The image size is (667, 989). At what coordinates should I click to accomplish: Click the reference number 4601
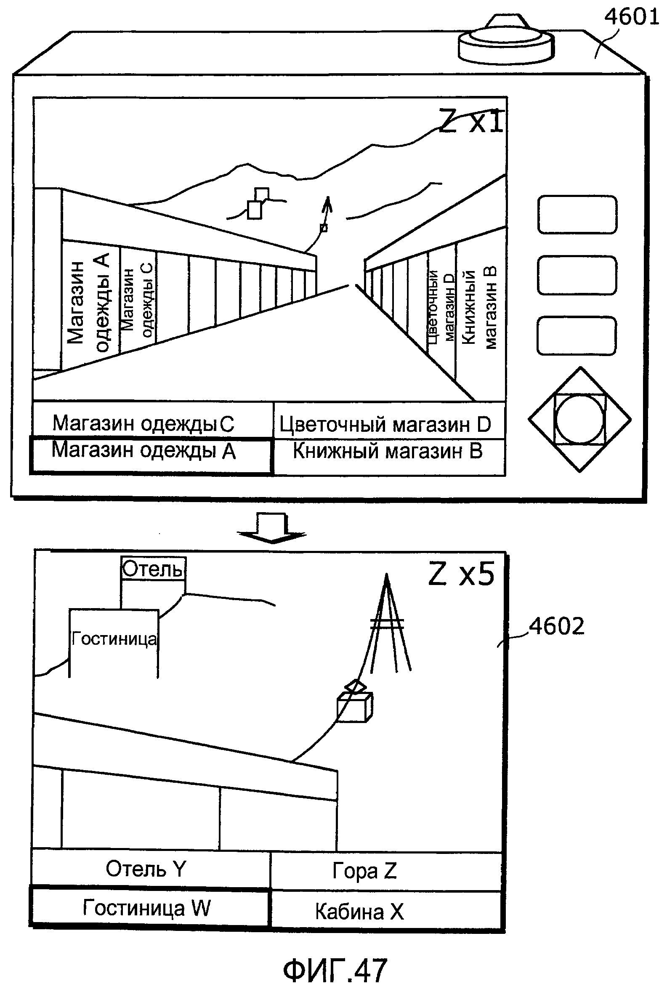click(631, 17)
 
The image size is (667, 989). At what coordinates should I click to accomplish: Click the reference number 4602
click(556, 627)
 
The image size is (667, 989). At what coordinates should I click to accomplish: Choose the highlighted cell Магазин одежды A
click(143, 451)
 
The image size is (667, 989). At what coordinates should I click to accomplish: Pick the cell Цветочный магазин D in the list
click(385, 424)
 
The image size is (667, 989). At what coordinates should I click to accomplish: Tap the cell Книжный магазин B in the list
click(388, 451)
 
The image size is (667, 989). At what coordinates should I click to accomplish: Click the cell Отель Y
click(146, 869)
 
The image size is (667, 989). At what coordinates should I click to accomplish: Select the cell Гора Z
click(364, 870)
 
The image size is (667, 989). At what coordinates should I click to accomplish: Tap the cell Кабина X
click(359, 911)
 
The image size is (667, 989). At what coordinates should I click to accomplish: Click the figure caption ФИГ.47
click(335, 971)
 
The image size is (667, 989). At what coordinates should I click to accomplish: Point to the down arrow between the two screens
click(272, 528)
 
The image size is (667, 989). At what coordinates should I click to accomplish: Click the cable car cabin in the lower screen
click(354, 707)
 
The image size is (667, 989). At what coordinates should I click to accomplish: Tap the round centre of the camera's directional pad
click(579, 419)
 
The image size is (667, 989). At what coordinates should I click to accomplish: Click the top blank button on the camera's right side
click(577, 214)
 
